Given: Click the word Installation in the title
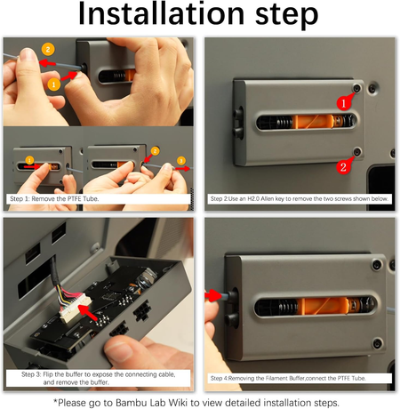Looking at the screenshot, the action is click(x=161, y=13).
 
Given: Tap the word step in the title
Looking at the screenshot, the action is click(x=286, y=16).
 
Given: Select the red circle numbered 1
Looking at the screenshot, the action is click(x=344, y=103).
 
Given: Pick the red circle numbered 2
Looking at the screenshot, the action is click(x=343, y=167).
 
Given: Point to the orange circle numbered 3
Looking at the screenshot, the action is click(x=181, y=161).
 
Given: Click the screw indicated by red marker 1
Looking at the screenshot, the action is click(x=357, y=88).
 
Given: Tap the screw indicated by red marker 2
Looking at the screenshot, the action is click(x=357, y=151).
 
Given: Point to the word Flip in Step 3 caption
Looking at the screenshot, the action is click(x=48, y=374).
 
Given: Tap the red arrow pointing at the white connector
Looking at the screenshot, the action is click(x=88, y=313).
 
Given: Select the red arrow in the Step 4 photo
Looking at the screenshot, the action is click(x=213, y=295).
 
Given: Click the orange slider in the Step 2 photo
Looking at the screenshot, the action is click(x=313, y=122).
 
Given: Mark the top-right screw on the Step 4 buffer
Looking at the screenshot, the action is click(x=377, y=264).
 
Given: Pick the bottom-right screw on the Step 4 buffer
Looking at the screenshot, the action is click(x=377, y=343).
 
